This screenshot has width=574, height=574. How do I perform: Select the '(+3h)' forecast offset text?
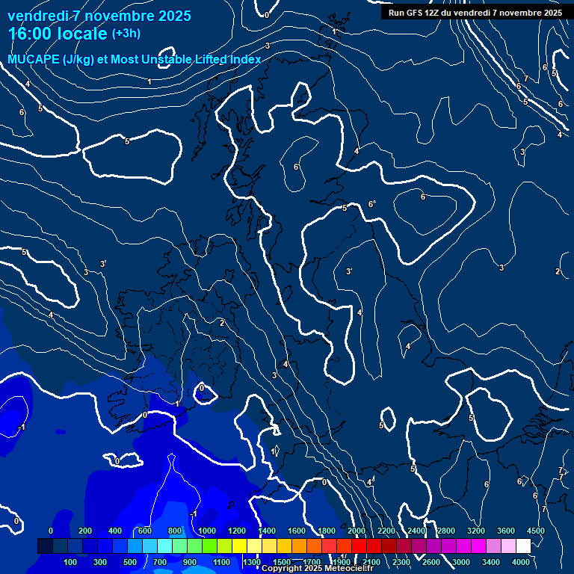pos(126,33)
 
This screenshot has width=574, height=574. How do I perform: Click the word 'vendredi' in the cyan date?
pos(37,16)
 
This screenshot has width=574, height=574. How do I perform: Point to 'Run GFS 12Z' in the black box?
pos(414,13)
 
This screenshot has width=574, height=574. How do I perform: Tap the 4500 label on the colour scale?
pos(535,531)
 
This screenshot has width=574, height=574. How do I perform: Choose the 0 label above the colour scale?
pos(51,531)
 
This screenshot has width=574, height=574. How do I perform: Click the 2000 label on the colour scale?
pos(357,531)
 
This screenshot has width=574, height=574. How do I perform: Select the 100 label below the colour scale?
pos(71,562)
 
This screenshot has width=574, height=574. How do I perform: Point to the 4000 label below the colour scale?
pos(521,562)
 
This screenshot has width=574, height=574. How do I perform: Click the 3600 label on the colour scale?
pos(506,531)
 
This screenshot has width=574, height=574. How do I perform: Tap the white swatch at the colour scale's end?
pos(523,546)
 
